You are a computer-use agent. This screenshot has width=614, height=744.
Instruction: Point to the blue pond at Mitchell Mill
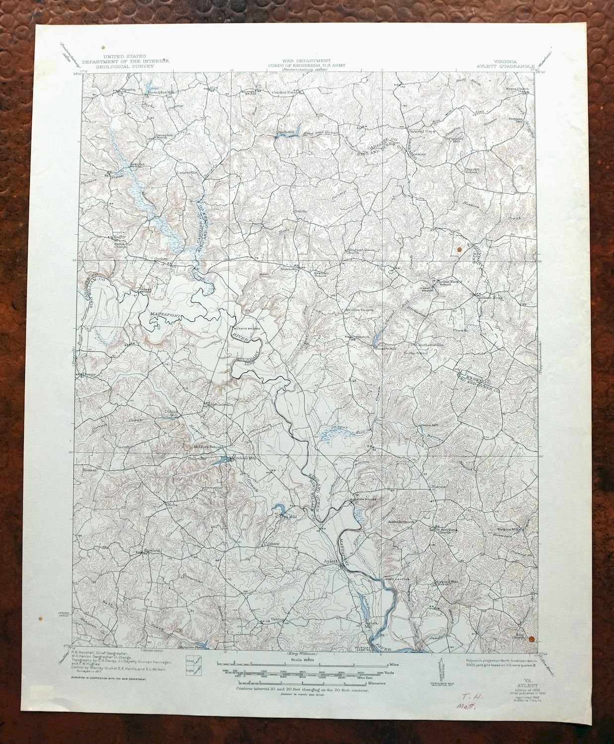tap(224, 460)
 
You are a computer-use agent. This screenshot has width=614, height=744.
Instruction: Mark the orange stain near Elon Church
tap(532, 639)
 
